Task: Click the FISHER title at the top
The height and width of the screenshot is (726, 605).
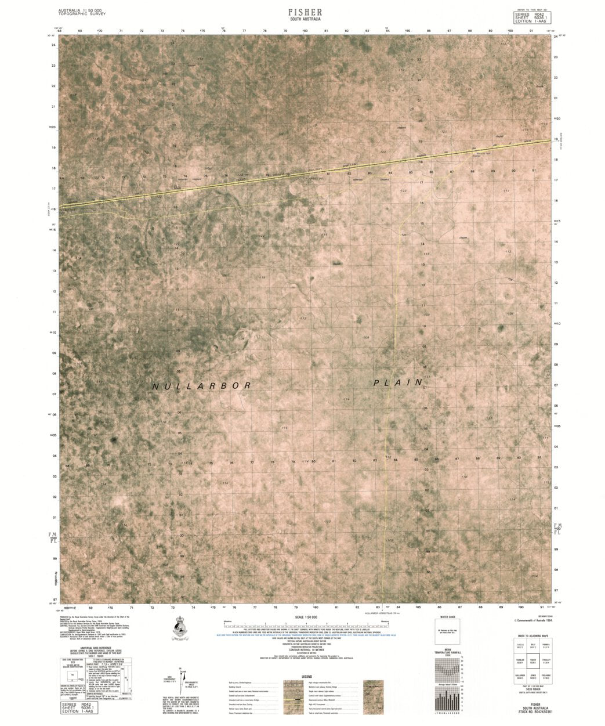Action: click(305, 12)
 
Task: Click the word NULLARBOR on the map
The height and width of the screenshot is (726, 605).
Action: click(202, 386)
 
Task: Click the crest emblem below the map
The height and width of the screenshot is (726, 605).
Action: click(180, 627)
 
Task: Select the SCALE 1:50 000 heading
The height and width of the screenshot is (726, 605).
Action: click(307, 617)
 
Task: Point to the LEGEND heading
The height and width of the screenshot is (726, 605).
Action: click(307, 677)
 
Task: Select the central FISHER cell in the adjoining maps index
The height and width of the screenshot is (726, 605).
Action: click(532, 660)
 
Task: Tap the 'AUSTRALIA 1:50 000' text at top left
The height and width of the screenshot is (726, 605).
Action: click(80, 10)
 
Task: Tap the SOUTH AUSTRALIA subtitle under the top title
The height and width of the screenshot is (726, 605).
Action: click(305, 20)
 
